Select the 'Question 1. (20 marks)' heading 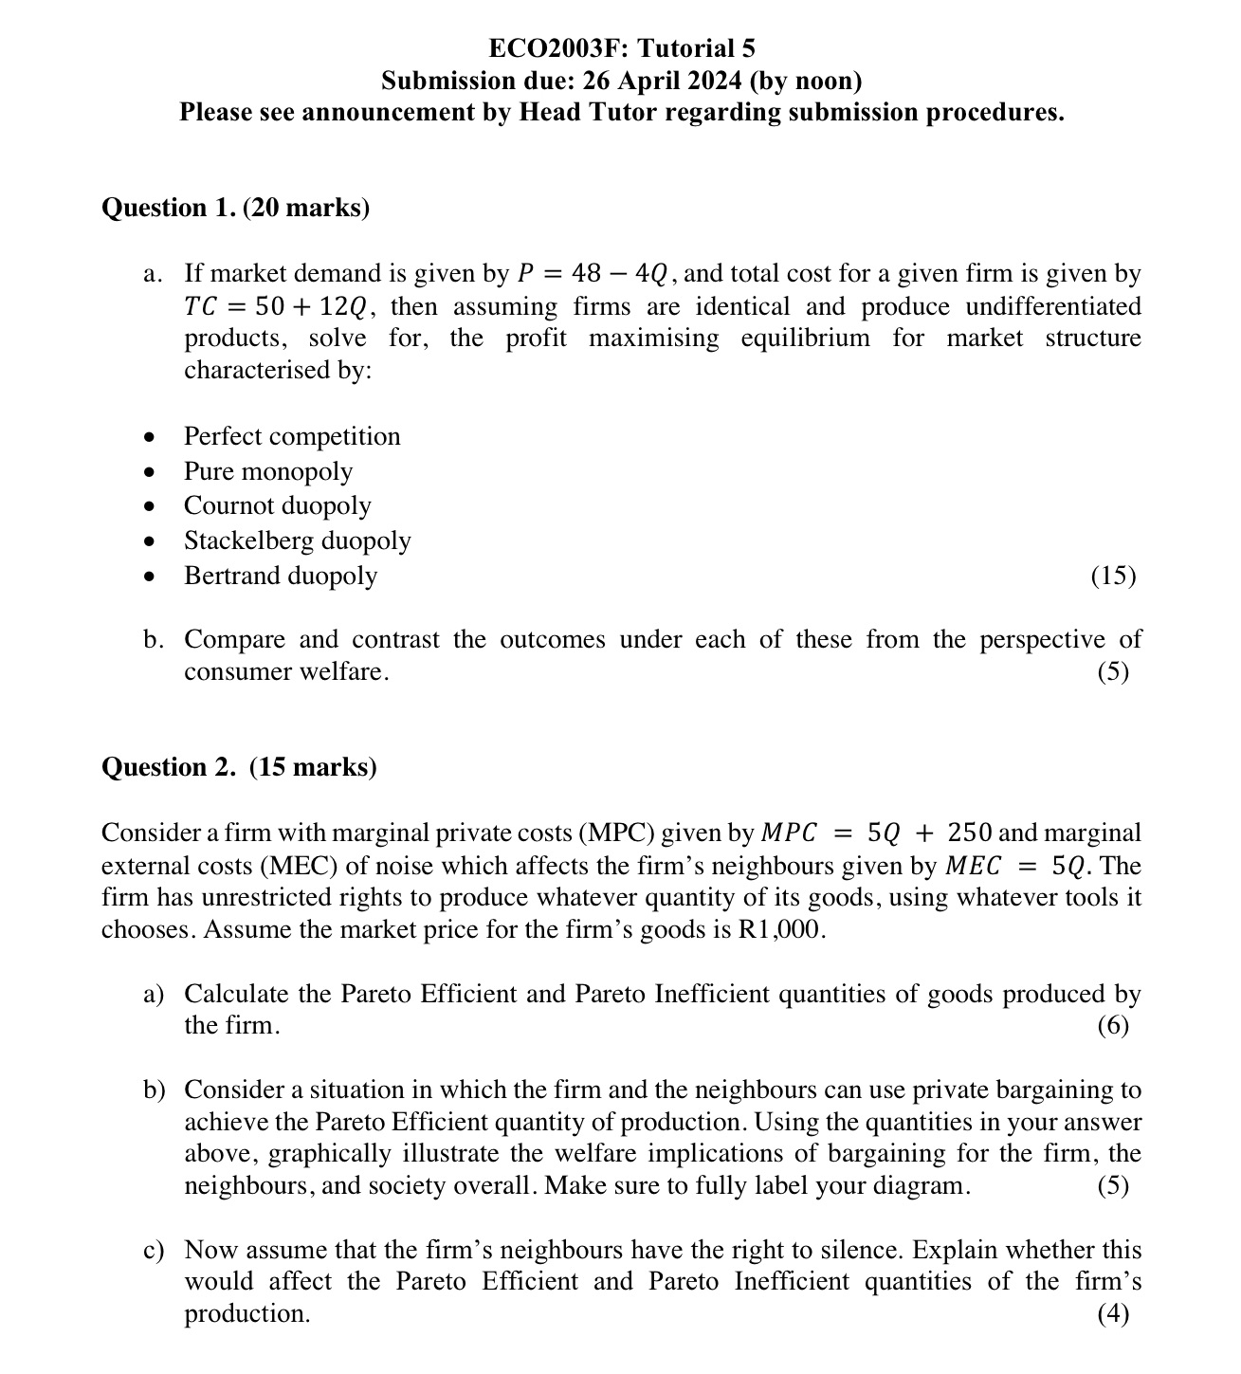tap(235, 208)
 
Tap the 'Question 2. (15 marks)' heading tap(239, 766)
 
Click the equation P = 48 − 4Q tap(594, 275)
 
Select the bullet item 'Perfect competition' tap(292, 436)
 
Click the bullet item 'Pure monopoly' tap(267, 471)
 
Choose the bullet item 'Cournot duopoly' tap(277, 505)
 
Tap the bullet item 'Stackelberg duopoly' tap(297, 540)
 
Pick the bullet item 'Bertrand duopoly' tap(280, 576)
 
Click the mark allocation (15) tap(1113, 576)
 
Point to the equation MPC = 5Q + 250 tap(877, 834)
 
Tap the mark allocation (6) tap(1113, 1026)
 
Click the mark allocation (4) tap(1113, 1314)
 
